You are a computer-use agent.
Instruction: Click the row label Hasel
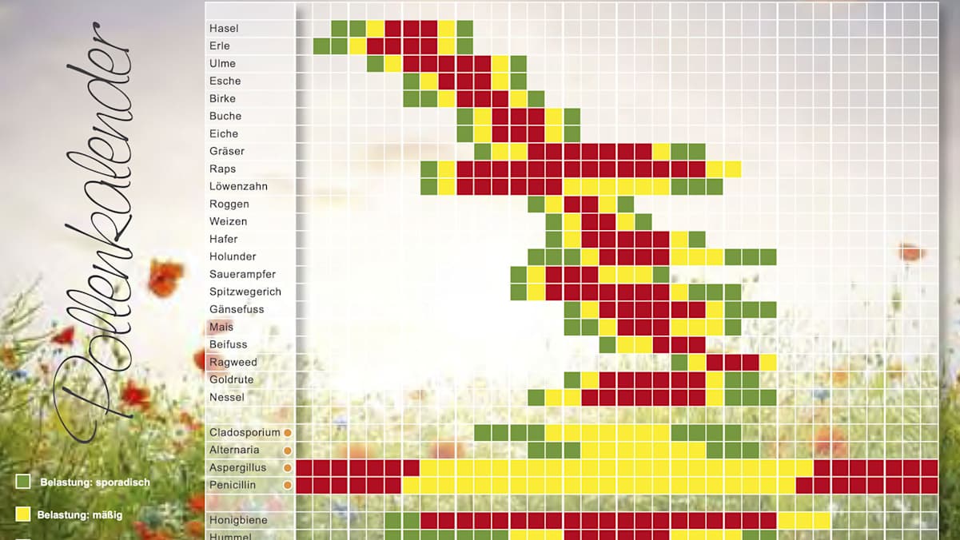pyautogui.click(x=224, y=29)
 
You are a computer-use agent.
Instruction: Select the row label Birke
pyautogui.click(x=223, y=99)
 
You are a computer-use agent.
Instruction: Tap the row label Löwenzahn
pyautogui.click(x=238, y=187)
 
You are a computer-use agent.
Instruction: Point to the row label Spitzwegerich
pyautogui.click(x=245, y=292)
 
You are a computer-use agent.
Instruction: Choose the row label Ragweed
pyautogui.click(x=233, y=363)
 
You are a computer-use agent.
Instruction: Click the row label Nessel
pyautogui.click(x=227, y=398)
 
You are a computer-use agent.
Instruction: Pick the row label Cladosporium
pyautogui.click(x=245, y=433)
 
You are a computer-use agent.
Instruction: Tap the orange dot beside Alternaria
pyautogui.click(x=288, y=451)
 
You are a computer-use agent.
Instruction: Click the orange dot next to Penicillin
pyautogui.click(x=288, y=485)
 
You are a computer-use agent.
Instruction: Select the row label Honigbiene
pyautogui.click(x=238, y=520)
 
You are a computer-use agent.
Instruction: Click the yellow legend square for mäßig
pyautogui.click(x=24, y=514)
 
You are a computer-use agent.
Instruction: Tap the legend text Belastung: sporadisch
pyautogui.click(x=94, y=482)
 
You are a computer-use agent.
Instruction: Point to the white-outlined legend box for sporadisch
pyautogui.click(x=24, y=482)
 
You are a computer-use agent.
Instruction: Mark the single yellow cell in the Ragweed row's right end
pyautogui.click(x=767, y=363)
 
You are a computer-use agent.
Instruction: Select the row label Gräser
pyautogui.click(x=227, y=152)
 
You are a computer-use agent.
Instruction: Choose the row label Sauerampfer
pyautogui.click(x=242, y=275)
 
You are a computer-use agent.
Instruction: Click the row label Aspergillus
pyautogui.click(x=237, y=468)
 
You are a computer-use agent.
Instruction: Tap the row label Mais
pyautogui.click(x=221, y=328)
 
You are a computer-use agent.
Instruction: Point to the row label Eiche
pyautogui.click(x=224, y=134)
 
